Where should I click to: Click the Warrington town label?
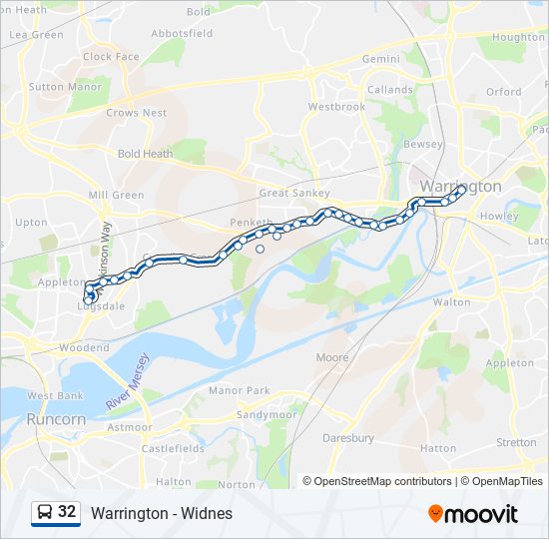(460, 187)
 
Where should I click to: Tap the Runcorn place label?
(56, 419)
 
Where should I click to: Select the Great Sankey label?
(293, 194)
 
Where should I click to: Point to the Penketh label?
(251, 222)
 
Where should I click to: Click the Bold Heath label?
(145, 154)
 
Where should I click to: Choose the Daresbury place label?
(348, 438)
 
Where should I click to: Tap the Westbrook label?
(336, 107)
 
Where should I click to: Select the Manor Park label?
(240, 390)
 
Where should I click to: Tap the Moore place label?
(331, 357)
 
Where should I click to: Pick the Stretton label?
(516, 442)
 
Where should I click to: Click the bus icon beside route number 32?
(45, 512)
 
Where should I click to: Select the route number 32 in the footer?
(67, 512)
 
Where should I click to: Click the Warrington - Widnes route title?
(161, 513)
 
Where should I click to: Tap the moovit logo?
(473, 513)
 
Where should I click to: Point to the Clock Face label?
(111, 57)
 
